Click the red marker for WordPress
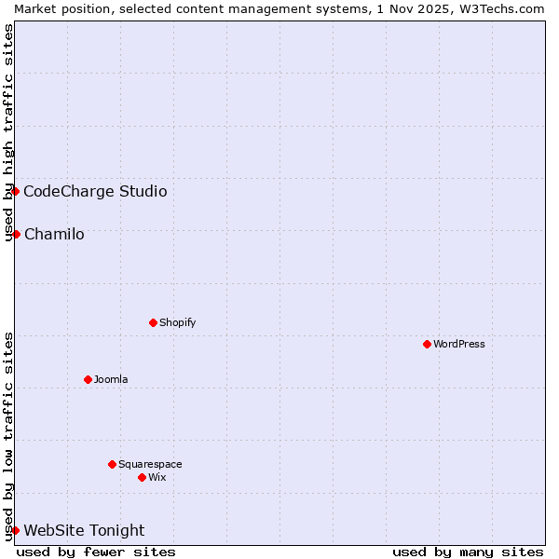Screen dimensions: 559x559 point(427,344)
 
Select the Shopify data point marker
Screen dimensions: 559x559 point(153,322)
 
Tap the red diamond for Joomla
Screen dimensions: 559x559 point(88,379)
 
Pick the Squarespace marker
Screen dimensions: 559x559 point(112,464)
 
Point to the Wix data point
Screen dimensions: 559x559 point(142,477)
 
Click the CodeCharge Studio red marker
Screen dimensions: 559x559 point(15,191)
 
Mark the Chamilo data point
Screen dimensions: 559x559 point(16,234)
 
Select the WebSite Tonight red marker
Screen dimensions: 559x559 point(15,530)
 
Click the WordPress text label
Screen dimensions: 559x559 point(459,344)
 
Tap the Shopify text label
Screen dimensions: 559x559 point(177,322)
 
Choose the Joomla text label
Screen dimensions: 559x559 point(111,379)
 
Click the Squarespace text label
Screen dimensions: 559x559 point(150,464)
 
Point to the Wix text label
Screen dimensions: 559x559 point(157,477)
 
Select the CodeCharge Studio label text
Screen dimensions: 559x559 point(95,191)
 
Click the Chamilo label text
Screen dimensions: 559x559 point(54,234)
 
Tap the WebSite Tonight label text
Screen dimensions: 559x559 point(84,530)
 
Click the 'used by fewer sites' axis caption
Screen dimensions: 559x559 point(96,552)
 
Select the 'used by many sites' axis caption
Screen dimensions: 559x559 point(468,552)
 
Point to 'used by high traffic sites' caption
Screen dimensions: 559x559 point(8,133)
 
